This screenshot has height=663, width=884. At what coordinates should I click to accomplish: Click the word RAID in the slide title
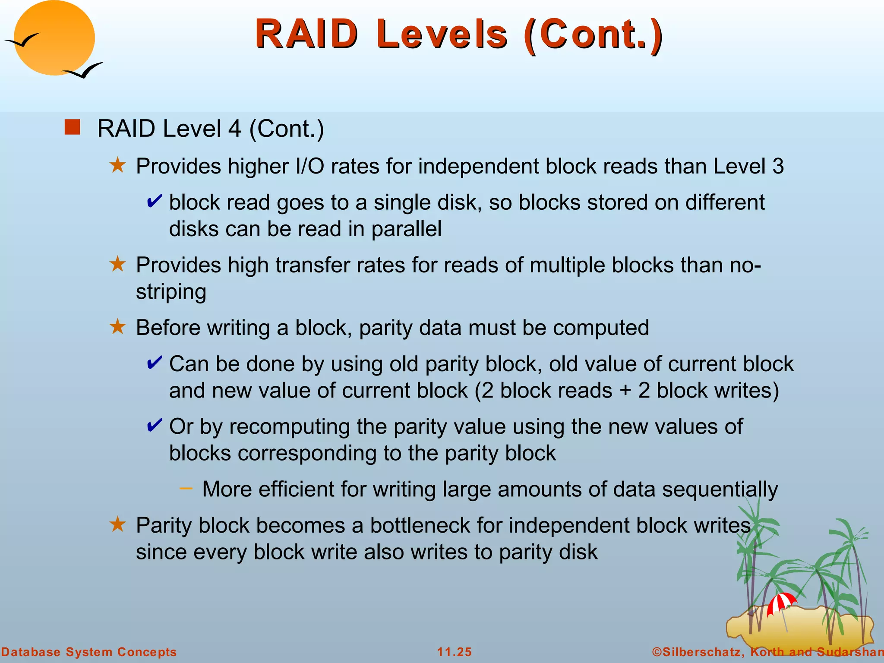pos(306,35)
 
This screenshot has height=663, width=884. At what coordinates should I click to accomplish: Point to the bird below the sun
pos(84,70)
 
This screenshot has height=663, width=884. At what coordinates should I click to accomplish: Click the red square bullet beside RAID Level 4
pos(72,127)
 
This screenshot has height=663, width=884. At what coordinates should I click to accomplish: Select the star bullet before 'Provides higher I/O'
pos(117,165)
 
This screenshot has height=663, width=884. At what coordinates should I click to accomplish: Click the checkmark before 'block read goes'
pos(154,202)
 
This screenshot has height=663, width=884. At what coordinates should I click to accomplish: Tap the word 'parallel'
pos(406,229)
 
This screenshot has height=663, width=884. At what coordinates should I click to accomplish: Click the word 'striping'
pos(171,292)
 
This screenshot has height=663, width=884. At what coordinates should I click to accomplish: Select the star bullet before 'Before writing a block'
pos(117,327)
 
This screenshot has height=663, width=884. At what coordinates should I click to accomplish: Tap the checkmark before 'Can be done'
pos(154,363)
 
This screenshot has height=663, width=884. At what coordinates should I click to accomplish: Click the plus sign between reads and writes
pos(625,391)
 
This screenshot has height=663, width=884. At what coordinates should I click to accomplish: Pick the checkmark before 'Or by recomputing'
pos(154,426)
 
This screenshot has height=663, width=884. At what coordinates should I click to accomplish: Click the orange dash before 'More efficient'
pos(186,488)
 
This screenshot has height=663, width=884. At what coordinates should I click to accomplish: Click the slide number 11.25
pos(455,652)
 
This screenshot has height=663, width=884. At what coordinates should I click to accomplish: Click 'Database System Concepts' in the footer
pos(89,652)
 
